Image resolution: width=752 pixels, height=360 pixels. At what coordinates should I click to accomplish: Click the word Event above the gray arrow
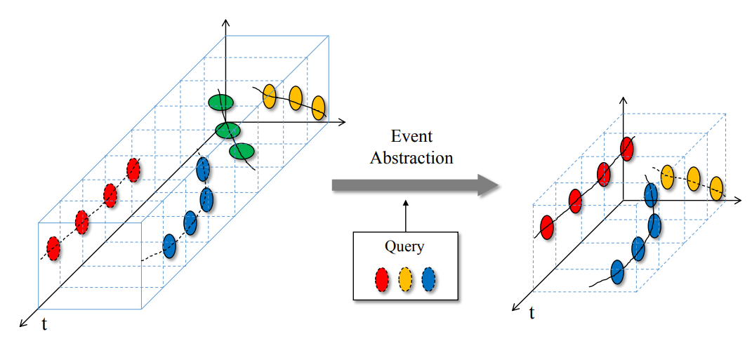411,136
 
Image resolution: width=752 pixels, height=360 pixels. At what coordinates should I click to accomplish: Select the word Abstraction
411,157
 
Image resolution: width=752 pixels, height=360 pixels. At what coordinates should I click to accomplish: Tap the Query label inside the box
404,246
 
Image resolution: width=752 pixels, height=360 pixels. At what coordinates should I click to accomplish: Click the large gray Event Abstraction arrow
414,185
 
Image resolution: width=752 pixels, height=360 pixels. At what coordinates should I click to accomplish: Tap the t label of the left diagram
44,325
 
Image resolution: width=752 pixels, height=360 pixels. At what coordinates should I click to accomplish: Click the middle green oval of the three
227,130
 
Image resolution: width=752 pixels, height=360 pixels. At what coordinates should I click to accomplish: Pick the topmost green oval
220,103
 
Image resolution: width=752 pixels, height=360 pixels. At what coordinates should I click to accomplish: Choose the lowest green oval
242,151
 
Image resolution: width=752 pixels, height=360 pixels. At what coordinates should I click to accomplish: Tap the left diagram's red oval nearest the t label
53,247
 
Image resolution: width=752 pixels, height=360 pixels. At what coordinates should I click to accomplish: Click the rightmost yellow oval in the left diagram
318,107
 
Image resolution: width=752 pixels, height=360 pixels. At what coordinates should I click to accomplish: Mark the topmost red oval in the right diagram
627,149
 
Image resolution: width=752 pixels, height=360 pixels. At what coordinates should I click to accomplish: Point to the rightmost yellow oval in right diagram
716,187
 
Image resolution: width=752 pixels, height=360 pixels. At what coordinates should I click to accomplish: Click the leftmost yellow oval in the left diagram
269,96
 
